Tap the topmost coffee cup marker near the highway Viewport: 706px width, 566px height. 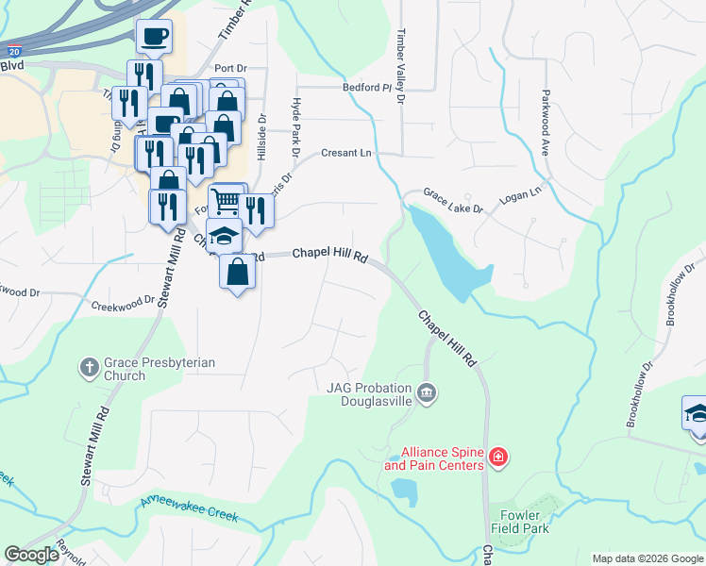click(154, 38)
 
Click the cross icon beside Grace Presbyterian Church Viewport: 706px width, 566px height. click(90, 366)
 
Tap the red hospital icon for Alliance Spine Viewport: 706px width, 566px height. click(498, 459)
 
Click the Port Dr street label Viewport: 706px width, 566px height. click(229, 68)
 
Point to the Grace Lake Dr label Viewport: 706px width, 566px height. click(452, 198)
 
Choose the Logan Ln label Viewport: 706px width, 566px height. click(522, 192)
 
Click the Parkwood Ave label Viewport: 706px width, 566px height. click(545, 123)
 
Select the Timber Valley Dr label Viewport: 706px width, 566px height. click(400, 66)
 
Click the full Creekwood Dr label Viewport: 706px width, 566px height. click(123, 305)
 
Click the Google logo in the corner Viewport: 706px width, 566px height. click(31, 555)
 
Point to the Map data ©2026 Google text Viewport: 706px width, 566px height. click(647, 558)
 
